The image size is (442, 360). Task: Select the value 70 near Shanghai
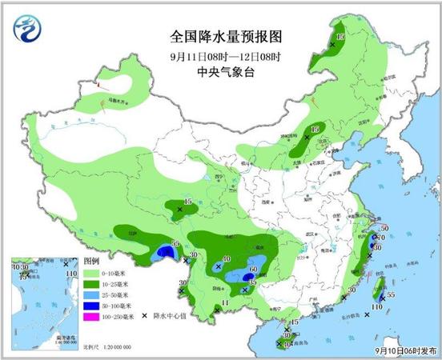(384, 238)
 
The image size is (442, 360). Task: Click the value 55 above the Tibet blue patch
(175, 243)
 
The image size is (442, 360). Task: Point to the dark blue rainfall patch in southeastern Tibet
(167, 254)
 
